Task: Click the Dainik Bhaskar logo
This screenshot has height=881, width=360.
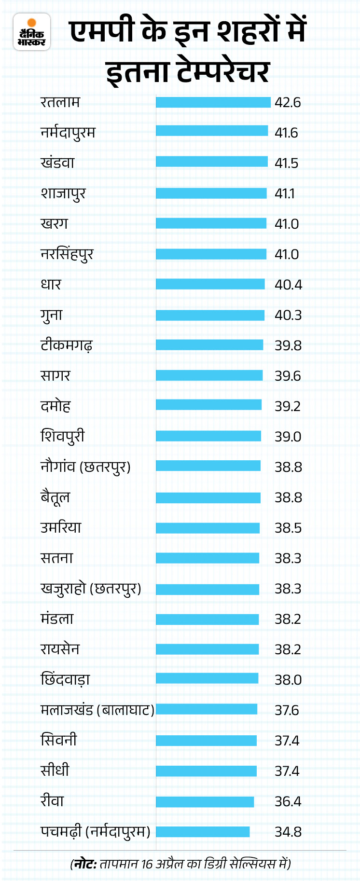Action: (32, 32)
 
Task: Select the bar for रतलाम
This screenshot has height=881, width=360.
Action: (213, 102)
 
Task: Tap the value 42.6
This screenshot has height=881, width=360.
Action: (288, 103)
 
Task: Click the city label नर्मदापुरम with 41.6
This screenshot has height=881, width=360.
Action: (68, 133)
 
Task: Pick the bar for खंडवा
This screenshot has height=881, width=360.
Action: (211, 162)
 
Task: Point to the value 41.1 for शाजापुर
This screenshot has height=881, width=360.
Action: (284, 193)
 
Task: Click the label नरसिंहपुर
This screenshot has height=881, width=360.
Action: (67, 254)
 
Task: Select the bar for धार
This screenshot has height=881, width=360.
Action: (210, 284)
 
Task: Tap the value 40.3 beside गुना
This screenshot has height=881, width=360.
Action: (288, 315)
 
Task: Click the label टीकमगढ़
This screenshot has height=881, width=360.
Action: (66, 345)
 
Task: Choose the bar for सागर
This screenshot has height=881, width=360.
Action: (209, 375)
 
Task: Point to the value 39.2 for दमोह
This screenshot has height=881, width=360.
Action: (288, 406)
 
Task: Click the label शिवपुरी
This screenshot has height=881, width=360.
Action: (62, 437)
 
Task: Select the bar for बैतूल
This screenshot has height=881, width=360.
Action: (208, 497)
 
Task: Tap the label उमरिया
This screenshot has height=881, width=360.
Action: (61, 527)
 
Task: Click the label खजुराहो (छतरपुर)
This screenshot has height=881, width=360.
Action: (91, 589)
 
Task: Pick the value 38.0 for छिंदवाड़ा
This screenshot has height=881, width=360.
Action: (288, 680)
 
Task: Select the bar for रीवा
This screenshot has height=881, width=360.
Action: (205, 801)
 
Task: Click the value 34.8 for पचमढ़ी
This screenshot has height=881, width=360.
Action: (288, 832)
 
